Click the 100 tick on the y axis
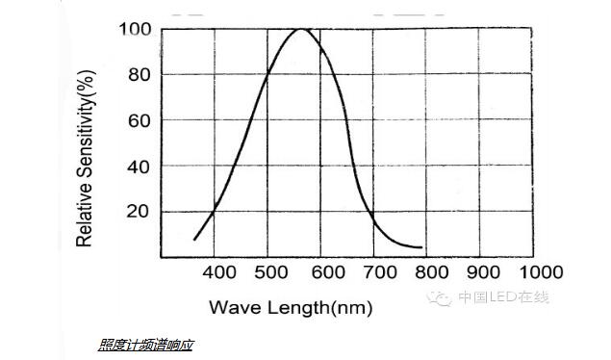(136, 29)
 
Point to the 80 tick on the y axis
(140, 75)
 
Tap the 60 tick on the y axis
(140, 120)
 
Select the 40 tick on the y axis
(140, 166)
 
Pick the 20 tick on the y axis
(140, 211)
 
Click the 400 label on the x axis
(219, 273)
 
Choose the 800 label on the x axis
(432, 273)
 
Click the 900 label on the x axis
(484, 273)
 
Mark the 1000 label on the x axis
(540, 273)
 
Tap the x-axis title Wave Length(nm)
(290, 308)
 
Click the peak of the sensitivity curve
(301, 29)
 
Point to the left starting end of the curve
(195, 239)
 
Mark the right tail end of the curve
(421, 247)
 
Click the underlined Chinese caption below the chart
(145, 344)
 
